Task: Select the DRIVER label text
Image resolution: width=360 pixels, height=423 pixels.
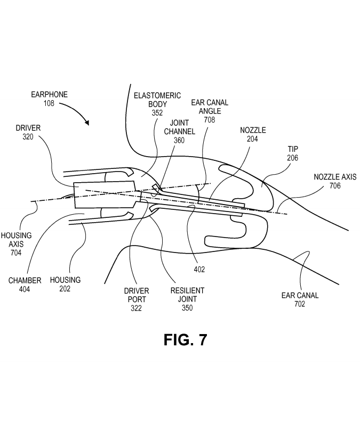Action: tap(28, 128)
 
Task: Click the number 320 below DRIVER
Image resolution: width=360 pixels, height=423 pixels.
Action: tap(28, 137)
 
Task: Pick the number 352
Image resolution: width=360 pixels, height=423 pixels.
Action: tap(157, 113)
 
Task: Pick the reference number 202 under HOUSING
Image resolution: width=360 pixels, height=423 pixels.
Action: tap(65, 289)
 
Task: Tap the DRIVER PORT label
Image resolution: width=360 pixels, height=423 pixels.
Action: tap(137, 295)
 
